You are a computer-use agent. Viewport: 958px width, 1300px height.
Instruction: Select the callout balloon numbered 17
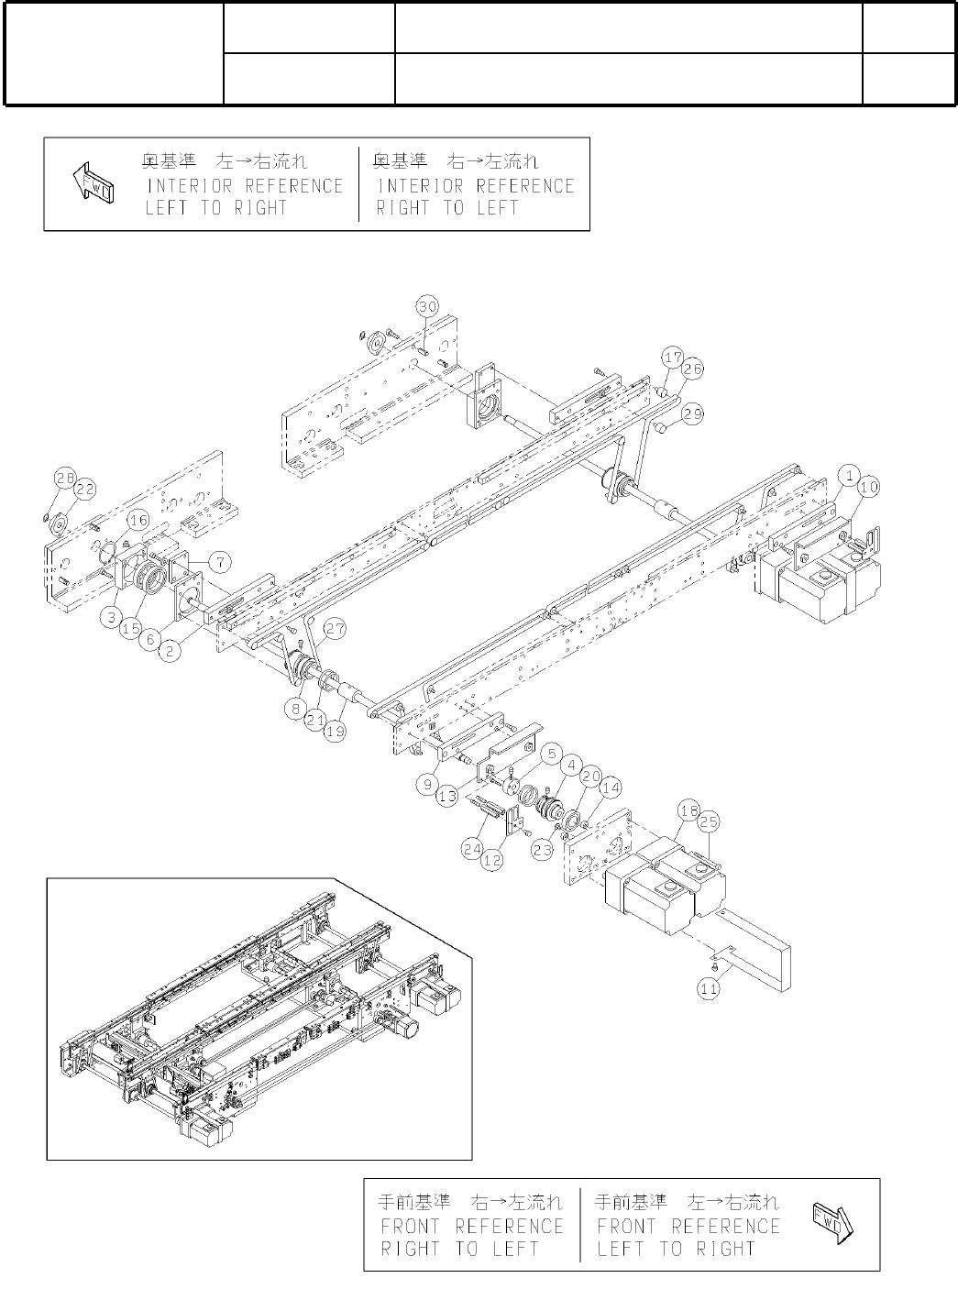click(674, 357)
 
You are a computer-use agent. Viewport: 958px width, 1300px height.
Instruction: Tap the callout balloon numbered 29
click(693, 414)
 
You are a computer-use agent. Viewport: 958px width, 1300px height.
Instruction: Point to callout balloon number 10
click(868, 487)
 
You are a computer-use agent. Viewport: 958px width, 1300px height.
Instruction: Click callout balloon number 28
click(63, 478)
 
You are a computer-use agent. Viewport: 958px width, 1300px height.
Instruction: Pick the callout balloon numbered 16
click(138, 521)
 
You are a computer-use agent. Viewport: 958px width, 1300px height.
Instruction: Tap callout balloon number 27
click(335, 629)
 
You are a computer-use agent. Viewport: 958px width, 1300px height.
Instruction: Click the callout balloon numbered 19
click(337, 706)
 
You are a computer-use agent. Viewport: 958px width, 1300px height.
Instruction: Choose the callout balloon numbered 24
click(473, 848)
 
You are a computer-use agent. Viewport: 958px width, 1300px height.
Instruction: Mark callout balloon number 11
click(709, 989)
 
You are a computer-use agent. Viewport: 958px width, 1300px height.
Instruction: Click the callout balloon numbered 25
click(710, 823)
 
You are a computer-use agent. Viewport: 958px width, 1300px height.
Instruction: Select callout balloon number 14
click(610, 787)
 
